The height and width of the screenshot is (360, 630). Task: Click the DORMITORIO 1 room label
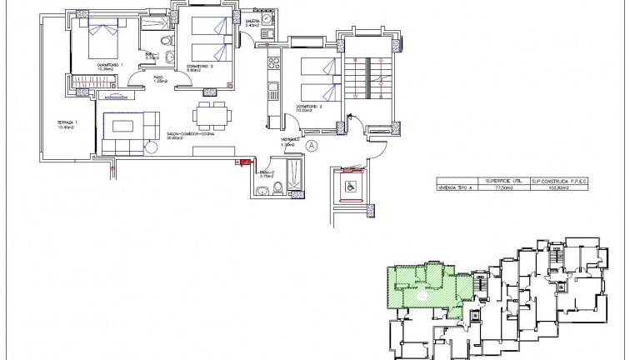pyautogui.click(x=110, y=65)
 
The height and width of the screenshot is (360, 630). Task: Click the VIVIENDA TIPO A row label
pyautogui.click(x=455, y=189)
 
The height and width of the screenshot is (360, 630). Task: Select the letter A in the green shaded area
pyautogui.click(x=422, y=294)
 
